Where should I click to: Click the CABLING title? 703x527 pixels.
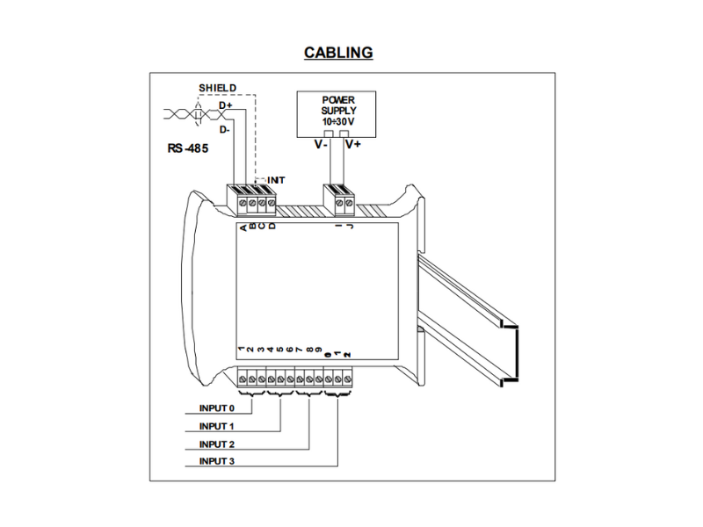(x=338, y=52)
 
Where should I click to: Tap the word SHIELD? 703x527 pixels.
(x=215, y=89)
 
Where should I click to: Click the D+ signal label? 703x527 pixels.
(x=226, y=106)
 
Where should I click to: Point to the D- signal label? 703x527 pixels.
(x=225, y=130)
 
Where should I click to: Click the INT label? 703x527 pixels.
(x=276, y=179)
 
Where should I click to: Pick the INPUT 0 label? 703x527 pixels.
(x=216, y=409)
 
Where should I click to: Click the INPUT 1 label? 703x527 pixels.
(x=216, y=426)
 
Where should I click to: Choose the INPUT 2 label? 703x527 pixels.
(x=216, y=444)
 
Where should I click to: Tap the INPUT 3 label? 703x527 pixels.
(x=216, y=460)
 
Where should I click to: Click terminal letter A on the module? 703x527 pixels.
(x=243, y=228)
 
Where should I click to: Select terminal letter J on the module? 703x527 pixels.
(x=349, y=228)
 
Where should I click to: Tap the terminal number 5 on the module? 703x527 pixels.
(x=280, y=350)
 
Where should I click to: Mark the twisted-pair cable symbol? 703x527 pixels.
(x=186, y=113)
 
